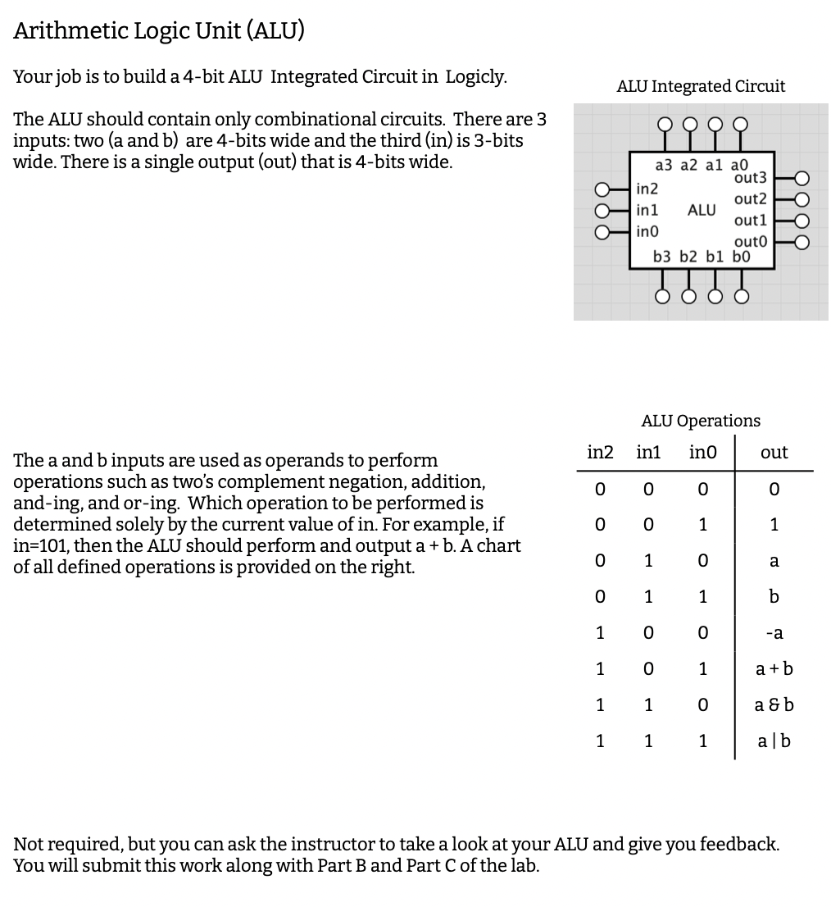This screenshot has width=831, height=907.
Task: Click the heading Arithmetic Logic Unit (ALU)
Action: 159,31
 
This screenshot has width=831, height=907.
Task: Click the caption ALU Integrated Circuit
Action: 700,86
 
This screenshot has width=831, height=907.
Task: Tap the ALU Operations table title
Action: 700,421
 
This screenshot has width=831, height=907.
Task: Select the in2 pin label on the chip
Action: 647,189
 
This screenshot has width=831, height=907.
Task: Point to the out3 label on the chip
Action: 750,178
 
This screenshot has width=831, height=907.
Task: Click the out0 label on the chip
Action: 750,241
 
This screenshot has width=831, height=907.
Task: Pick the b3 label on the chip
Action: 662,257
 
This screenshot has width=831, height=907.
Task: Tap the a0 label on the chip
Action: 739,165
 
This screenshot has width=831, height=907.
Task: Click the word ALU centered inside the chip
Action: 701,210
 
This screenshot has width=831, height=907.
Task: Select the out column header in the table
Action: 774,453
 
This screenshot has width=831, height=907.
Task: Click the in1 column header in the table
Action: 648,453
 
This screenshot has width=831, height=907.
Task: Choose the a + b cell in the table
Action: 774,669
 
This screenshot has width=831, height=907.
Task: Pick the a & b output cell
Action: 774,705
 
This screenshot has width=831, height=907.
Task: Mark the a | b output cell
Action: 774,741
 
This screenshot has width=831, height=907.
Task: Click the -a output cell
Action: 774,633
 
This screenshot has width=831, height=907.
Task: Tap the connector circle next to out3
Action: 802,178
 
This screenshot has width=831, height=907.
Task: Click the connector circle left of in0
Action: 602,232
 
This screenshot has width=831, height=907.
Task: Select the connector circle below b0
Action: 742,296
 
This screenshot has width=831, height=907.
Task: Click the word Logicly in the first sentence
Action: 475,77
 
